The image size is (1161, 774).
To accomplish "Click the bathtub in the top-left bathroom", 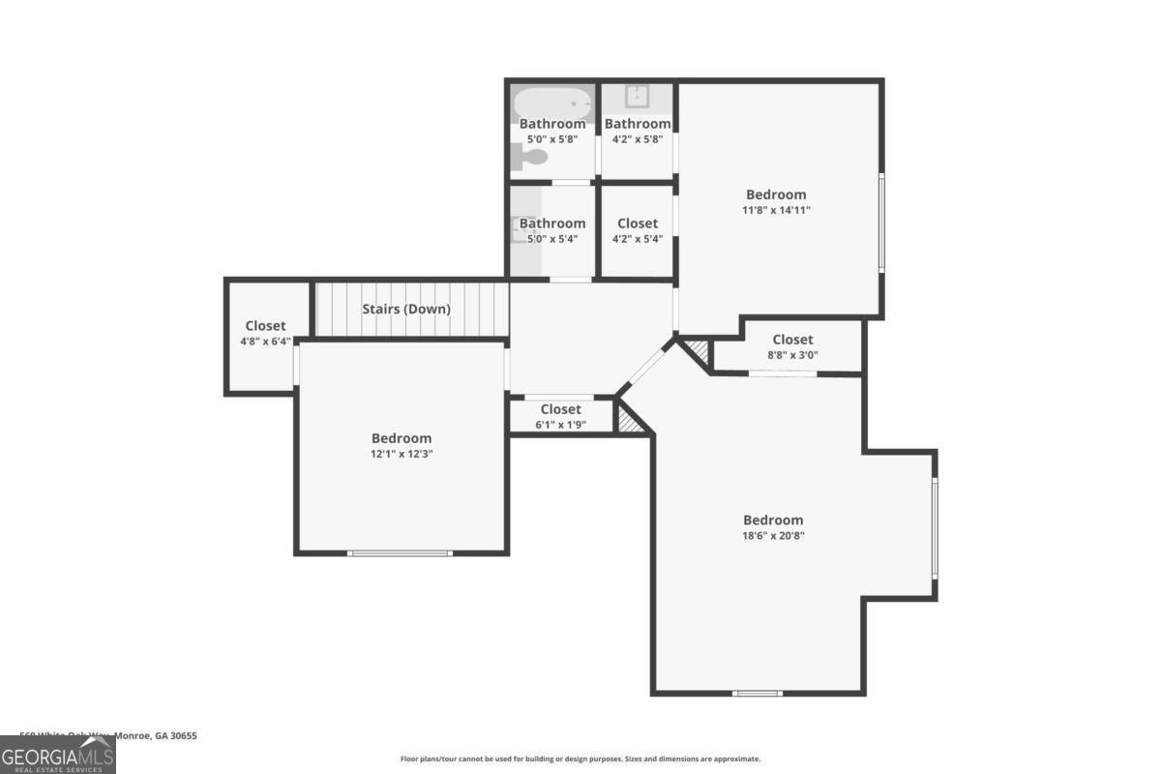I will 552,102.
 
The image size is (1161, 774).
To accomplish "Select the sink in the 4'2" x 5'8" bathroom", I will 637,96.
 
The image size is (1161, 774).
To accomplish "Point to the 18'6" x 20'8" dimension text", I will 772,535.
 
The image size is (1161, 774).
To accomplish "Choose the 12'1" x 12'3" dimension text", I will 401,454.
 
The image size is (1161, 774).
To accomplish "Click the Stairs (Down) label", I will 405,310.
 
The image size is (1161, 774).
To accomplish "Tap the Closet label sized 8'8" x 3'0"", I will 792,340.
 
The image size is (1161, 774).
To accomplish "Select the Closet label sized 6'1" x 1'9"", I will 560,409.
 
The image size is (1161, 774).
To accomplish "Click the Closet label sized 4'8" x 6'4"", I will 265,326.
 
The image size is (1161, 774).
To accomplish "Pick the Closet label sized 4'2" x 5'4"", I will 637,223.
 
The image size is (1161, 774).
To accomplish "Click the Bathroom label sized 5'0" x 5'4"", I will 552,223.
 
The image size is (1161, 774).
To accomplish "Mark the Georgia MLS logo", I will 58,754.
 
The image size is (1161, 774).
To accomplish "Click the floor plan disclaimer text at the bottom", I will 580,759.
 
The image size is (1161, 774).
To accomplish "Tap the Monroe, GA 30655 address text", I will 155,735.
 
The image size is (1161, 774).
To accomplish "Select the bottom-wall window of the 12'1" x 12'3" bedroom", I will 400,552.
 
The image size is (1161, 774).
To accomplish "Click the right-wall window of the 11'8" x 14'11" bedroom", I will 880,222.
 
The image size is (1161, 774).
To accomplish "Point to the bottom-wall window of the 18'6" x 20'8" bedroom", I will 757,693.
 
